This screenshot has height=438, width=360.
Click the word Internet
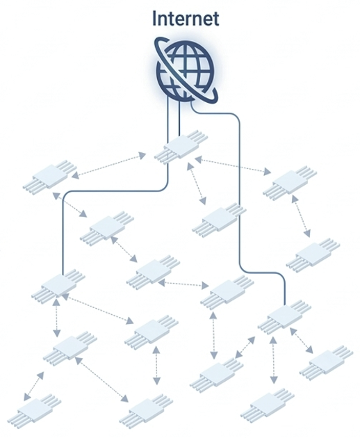pyautogui.click(x=186, y=19)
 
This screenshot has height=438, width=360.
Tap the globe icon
pyautogui.click(x=186, y=71)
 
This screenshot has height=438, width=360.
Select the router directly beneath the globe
pyautogui.click(x=181, y=148)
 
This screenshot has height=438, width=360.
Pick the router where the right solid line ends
pyautogui.click(x=284, y=317)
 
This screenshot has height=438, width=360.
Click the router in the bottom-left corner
pyautogui.click(x=34, y=410)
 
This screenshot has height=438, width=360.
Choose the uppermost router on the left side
pyautogui.click(x=50, y=177)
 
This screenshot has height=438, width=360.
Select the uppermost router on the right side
pyautogui.click(x=290, y=183)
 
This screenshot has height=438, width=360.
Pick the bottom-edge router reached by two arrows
pyautogui.click(x=147, y=410)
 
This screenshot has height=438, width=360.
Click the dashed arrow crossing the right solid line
pyautogui.click(x=233, y=165)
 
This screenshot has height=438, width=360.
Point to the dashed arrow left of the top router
pyautogui.click(x=108, y=166)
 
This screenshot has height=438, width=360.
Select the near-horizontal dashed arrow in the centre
pyautogui.click(x=183, y=284)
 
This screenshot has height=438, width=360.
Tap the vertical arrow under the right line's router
pyautogui.click(x=273, y=360)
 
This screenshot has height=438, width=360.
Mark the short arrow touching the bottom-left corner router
pyautogui.click(x=34, y=387)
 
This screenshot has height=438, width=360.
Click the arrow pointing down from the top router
pyautogui.click(x=197, y=184)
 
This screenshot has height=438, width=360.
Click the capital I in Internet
pyautogui.click(x=154, y=19)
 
